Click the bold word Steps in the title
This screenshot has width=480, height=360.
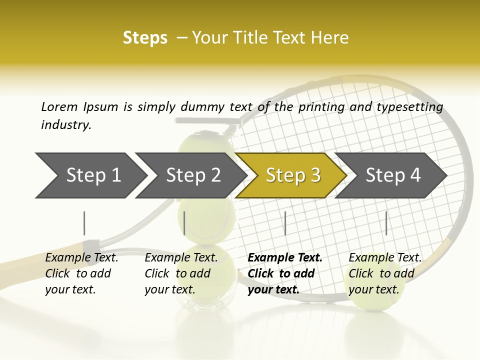pos(145,38)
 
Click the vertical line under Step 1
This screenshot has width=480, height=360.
pos(84,223)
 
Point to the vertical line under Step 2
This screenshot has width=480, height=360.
pos(184,223)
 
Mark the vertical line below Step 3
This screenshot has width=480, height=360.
pos(285,223)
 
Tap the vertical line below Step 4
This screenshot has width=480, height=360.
pos(386,223)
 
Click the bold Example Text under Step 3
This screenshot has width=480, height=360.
pos(285,258)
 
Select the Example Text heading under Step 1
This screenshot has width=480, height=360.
pos(81,258)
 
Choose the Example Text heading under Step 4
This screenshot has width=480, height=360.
pos(385,258)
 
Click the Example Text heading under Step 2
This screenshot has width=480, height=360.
pos(181,258)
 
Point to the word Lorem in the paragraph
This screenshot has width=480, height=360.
pos(59,106)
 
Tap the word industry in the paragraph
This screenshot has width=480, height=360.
pos(66,125)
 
